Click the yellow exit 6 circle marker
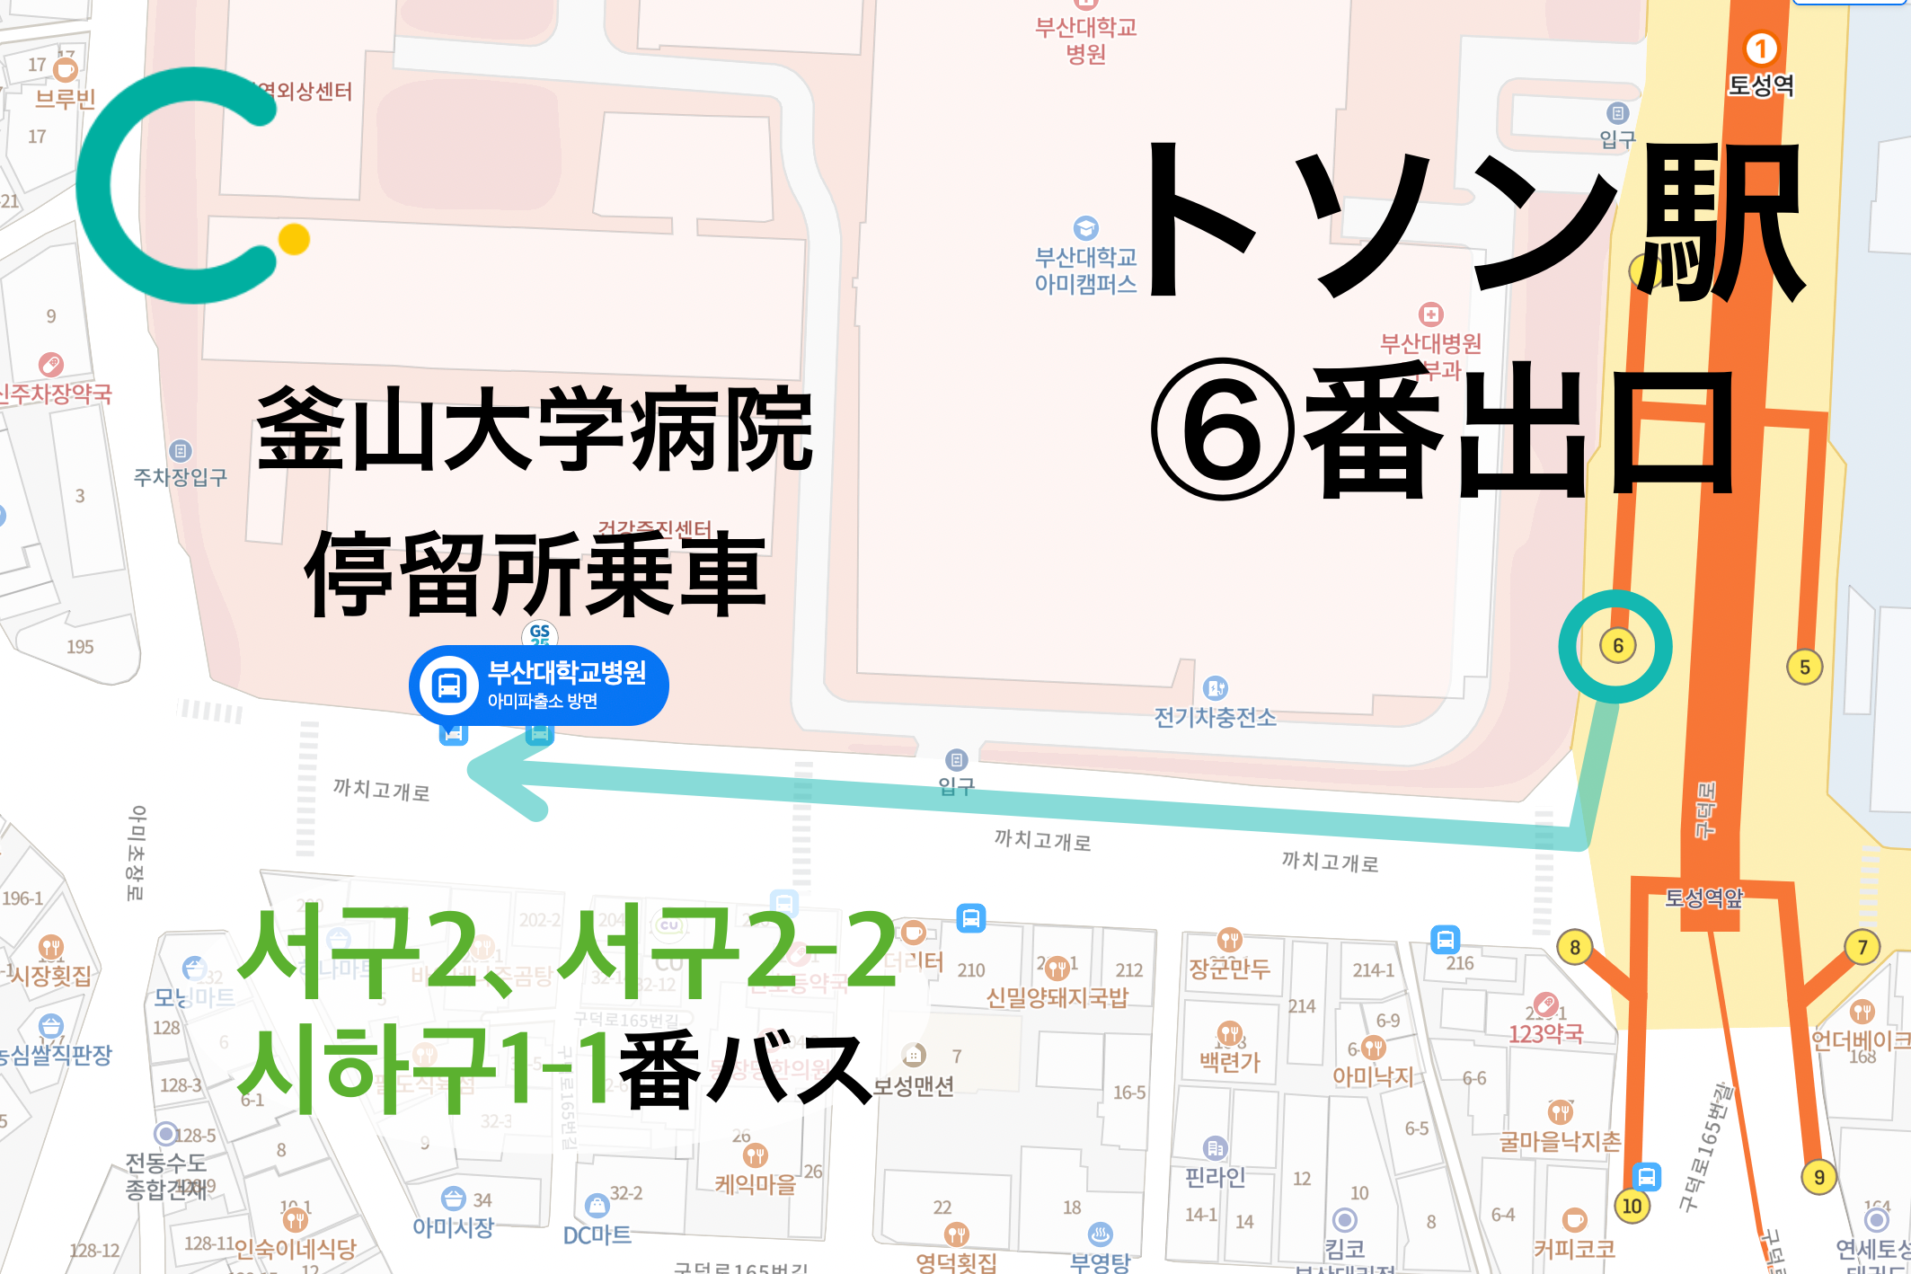[1617, 645]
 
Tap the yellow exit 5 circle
[1804, 667]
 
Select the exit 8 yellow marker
[1574, 947]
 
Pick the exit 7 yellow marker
[1862, 947]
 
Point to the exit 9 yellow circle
[1818, 1177]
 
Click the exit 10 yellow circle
[1632, 1206]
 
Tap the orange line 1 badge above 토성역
[1760, 49]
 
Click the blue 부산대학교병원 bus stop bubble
[539, 685]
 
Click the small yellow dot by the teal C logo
[294, 239]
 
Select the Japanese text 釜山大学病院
[534, 429]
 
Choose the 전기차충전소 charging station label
[1215, 717]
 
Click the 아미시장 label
[453, 1227]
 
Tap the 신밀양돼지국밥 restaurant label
[1057, 997]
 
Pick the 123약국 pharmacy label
[1545, 1033]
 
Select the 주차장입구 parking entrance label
[180, 476]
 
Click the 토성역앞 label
[1703, 897]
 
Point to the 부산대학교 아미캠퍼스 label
[1085, 270]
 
